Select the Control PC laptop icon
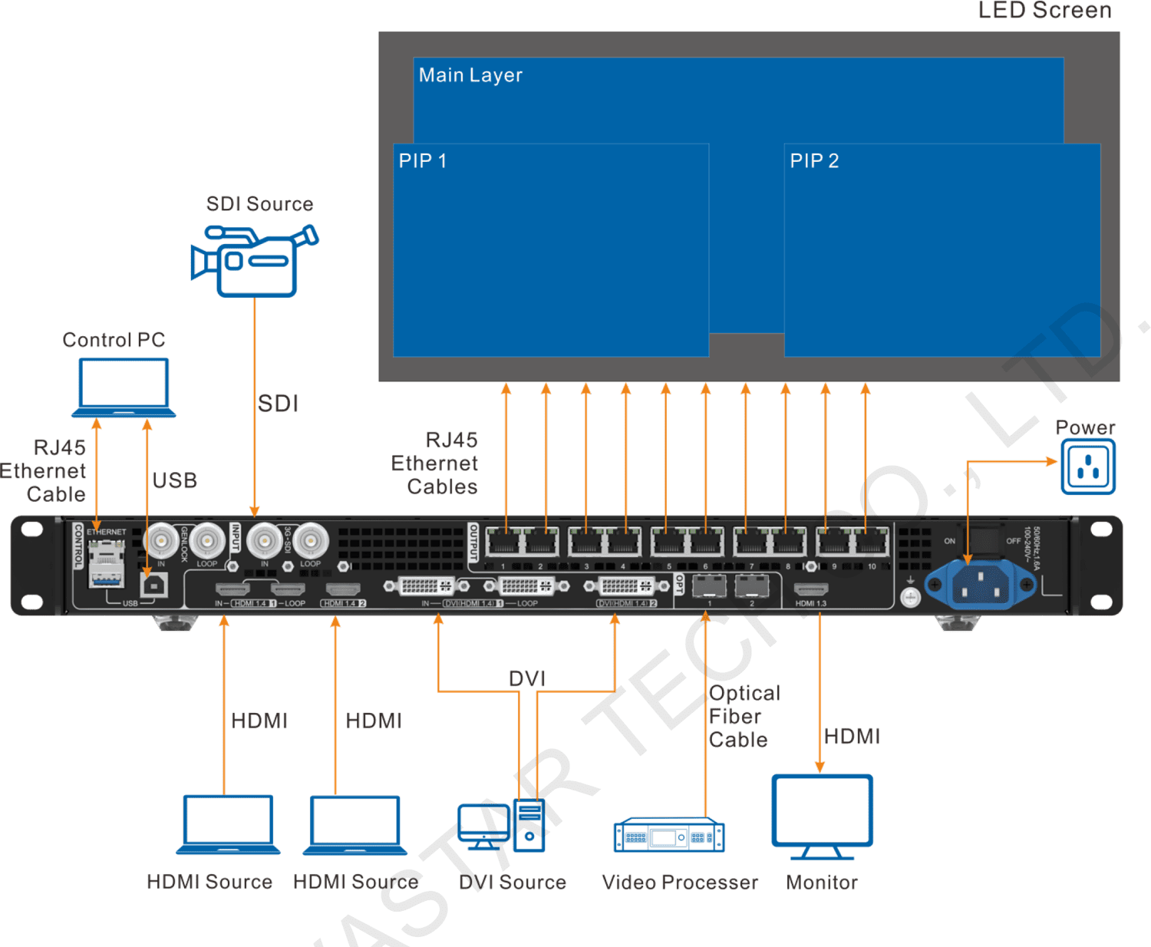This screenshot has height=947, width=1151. (x=124, y=388)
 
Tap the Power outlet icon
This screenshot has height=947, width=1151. (x=1088, y=467)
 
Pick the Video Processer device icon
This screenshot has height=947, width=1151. (x=668, y=836)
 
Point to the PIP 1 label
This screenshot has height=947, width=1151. (x=422, y=161)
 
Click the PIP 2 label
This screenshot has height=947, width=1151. (x=814, y=161)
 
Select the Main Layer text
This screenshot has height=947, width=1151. (x=470, y=75)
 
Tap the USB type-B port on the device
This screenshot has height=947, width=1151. (x=154, y=585)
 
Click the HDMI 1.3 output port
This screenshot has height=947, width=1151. (x=810, y=590)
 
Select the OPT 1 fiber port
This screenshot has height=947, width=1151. (x=709, y=587)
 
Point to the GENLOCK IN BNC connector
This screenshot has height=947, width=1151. (x=162, y=541)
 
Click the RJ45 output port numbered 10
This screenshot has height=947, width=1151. (x=872, y=543)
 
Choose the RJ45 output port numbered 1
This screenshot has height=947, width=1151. (x=504, y=543)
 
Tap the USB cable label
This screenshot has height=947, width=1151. (x=174, y=481)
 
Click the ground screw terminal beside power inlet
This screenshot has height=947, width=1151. (x=910, y=597)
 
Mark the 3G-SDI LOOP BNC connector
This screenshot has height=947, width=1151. (x=311, y=541)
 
